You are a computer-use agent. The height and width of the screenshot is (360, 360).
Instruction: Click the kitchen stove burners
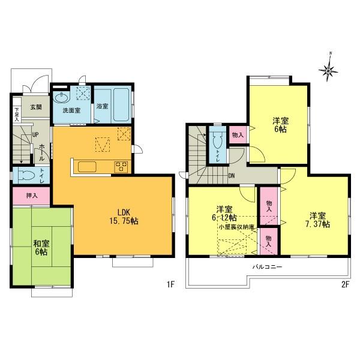tap(121, 166)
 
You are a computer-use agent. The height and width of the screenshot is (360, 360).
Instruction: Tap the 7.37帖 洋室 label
tap(318, 220)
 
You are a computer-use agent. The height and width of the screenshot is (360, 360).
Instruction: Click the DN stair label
tap(232, 175)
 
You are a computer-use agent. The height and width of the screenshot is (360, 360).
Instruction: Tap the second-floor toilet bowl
tap(217, 140)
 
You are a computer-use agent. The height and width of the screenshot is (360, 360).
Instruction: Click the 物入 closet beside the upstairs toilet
tap(237, 135)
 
